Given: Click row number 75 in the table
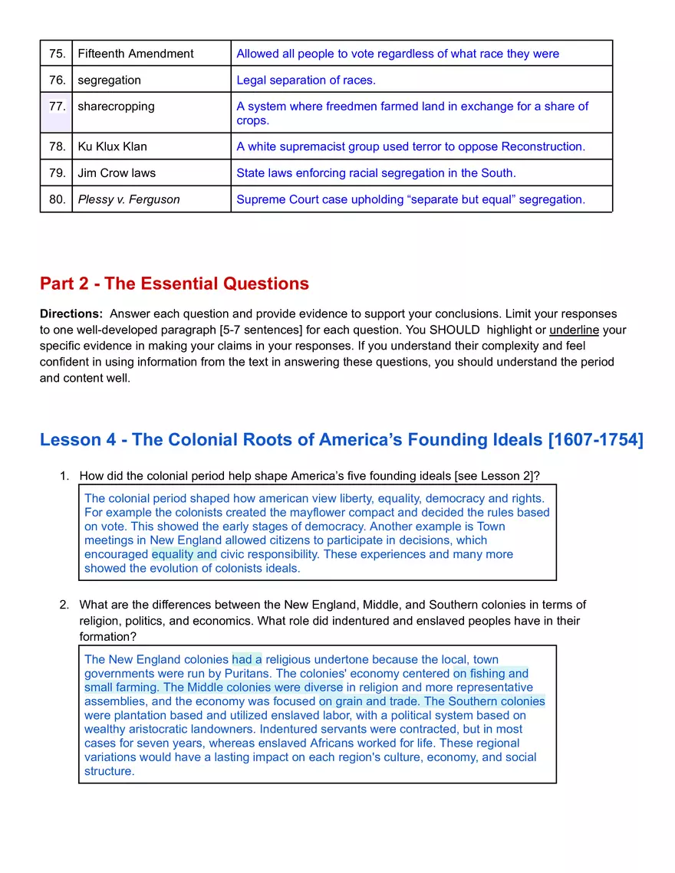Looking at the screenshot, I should coord(57,54).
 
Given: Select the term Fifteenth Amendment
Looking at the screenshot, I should coord(135,54).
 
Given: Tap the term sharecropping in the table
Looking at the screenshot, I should coord(116,107).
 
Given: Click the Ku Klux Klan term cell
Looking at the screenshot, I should coord(112,146).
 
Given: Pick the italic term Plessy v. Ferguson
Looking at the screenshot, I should coord(128,199).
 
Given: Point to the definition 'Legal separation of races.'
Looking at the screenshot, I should coord(306,80).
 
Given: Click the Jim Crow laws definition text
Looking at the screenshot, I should coord(376,173).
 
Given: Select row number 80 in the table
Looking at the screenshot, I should coord(57,199).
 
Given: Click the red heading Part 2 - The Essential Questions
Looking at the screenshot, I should coord(174,284).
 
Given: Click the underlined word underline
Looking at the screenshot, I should coord(574,330).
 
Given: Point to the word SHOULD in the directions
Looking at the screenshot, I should coord(451,330).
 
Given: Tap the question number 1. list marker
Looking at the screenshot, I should coord(64,476).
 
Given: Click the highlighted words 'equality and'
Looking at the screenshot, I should coord(184,554).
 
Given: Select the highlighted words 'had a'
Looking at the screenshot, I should coord(246,659).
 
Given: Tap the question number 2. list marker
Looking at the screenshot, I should coord(64,605).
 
